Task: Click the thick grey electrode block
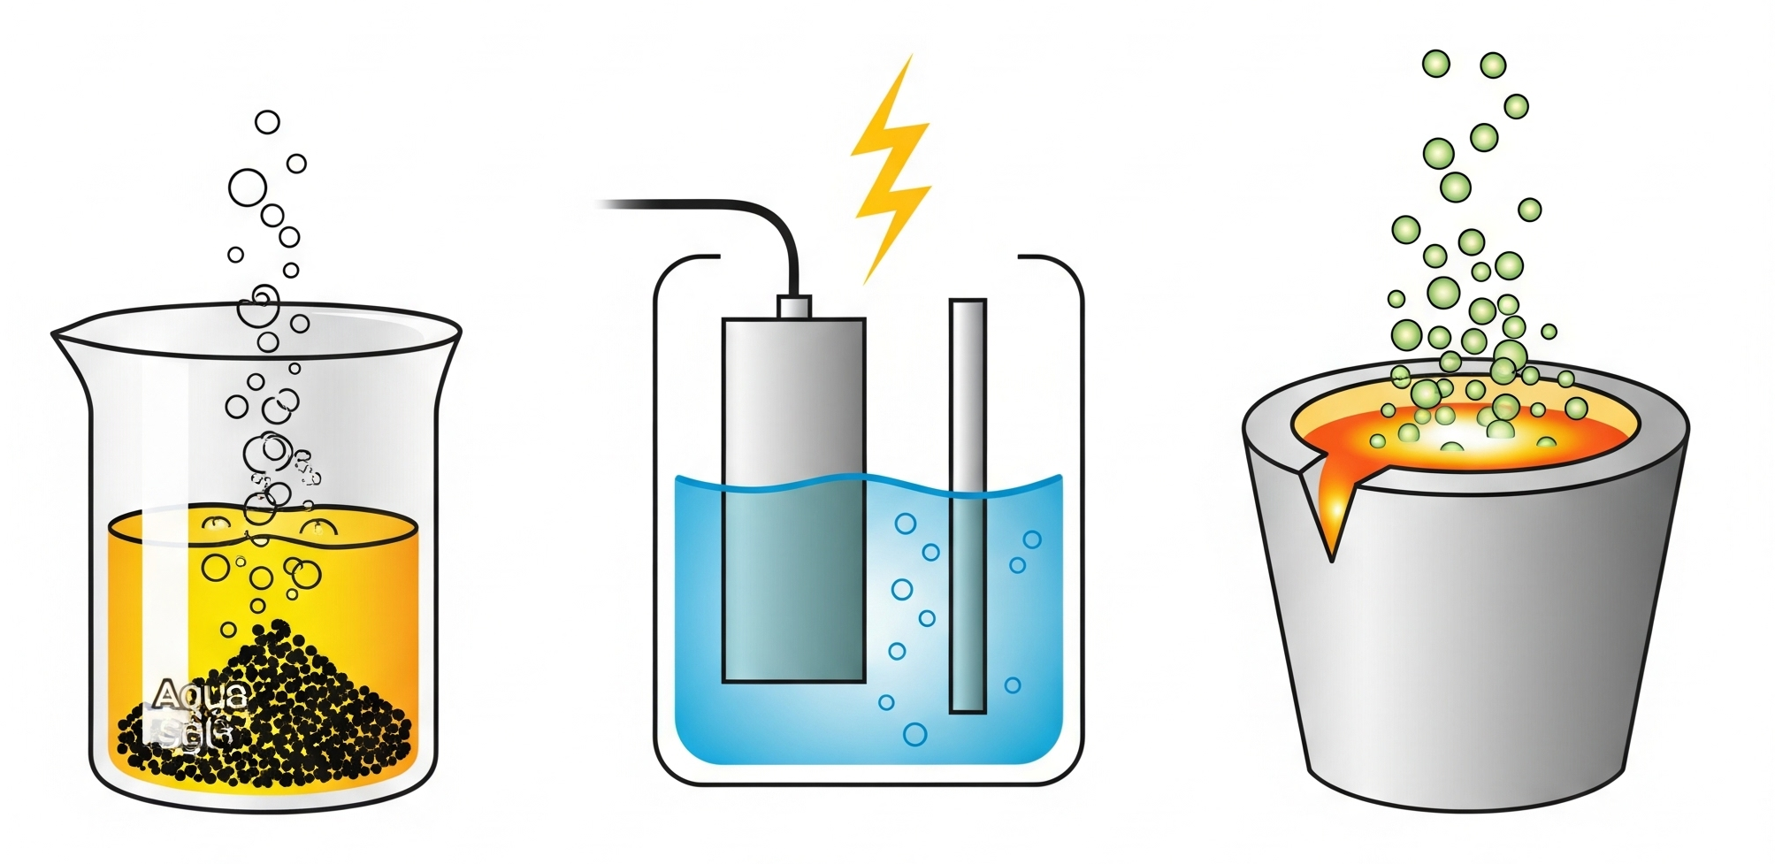point(793,398)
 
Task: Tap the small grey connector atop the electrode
point(794,306)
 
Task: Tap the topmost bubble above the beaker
point(267,122)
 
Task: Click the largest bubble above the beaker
point(248,187)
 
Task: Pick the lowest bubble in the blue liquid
point(914,734)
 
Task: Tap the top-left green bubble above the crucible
point(1435,64)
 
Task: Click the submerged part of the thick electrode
point(793,584)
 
